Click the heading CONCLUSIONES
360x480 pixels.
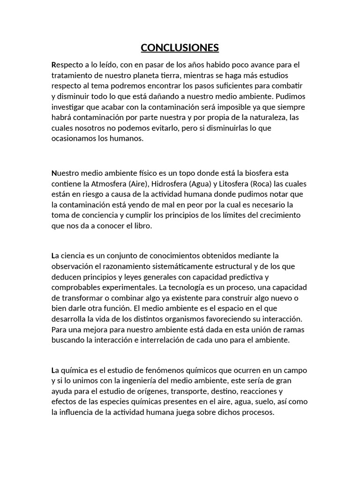[x=180, y=48]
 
